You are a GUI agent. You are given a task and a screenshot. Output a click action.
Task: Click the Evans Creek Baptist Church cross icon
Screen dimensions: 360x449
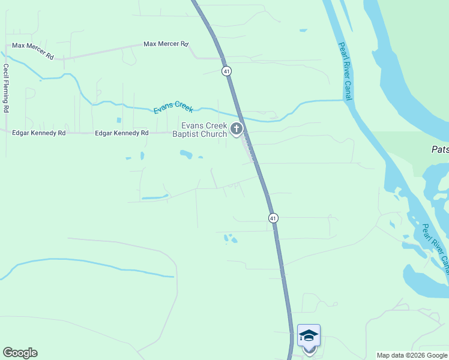pyautogui.click(x=237, y=128)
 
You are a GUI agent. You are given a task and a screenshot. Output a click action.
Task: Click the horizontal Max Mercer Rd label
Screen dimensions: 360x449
pyautogui.click(x=166, y=44)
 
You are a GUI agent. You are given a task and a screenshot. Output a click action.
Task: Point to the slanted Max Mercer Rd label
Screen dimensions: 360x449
pyautogui.click(x=33, y=50)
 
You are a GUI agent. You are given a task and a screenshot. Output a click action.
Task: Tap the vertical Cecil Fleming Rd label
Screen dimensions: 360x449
pyautogui.click(x=6, y=88)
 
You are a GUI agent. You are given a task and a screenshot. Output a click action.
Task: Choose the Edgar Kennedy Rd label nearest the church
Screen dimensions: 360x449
pyautogui.click(x=121, y=133)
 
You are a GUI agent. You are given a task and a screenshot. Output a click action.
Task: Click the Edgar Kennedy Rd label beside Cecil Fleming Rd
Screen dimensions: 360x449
pyautogui.click(x=38, y=133)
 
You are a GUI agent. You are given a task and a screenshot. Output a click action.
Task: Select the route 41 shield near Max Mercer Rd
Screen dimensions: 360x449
pyautogui.click(x=226, y=71)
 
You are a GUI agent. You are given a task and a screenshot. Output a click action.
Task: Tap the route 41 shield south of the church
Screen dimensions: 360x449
pyautogui.click(x=273, y=218)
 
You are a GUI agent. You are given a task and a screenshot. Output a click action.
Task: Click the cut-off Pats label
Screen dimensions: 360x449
pyautogui.click(x=440, y=149)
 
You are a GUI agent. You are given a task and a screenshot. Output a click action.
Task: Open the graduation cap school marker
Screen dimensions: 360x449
pyautogui.click(x=309, y=335)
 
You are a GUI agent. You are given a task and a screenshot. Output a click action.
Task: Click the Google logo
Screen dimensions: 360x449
pyautogui.click(x=20, y=353)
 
